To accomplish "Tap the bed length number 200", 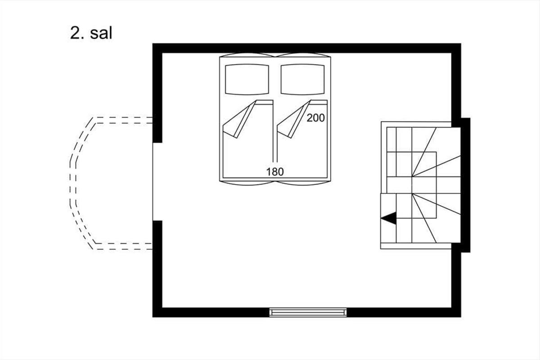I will tap(315, 118).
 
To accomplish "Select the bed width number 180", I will tap(275, 171).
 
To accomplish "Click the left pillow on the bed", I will tap(247, 79).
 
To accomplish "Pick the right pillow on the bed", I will tap(303, 79).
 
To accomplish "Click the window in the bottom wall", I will tap(308, 312).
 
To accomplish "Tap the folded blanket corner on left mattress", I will tap(238, 121).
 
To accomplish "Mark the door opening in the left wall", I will tap(157, 181).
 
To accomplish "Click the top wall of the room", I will tap(306, 48).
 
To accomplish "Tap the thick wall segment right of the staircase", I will tap(466, 184).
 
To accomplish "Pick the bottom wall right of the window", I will tap(403, 312).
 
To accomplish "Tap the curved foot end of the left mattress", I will tap(247, 183).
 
